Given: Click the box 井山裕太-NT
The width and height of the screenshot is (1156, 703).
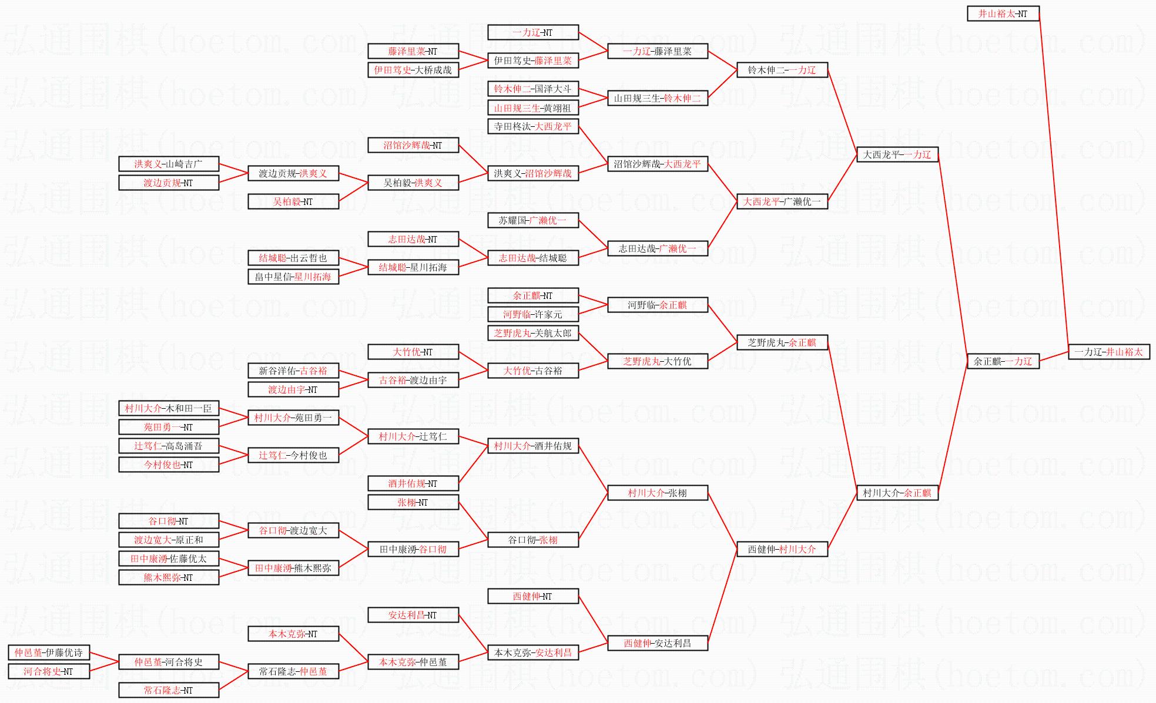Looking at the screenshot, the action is point(1003,14).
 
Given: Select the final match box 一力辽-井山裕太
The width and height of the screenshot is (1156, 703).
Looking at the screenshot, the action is point(1109,352).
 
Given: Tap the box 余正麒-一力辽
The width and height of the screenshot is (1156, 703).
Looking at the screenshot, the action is point(1003,361).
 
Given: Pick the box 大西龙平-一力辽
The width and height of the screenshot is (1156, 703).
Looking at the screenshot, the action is point(897,154).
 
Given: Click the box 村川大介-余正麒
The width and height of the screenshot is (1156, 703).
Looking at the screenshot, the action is point(897,493).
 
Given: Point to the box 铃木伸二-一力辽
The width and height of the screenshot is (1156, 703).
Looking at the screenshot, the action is point(782,70).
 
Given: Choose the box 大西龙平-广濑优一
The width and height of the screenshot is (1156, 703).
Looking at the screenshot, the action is point(782,201).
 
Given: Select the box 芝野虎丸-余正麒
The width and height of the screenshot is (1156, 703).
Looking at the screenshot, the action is point(782,342).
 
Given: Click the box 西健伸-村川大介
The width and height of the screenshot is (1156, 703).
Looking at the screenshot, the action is point(782,549).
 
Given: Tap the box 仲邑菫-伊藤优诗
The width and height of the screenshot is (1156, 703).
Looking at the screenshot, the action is point(49,652).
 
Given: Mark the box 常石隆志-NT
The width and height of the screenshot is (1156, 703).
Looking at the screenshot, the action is point(169,690).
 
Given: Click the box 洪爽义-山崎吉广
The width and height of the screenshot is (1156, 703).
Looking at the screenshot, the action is point(169,164).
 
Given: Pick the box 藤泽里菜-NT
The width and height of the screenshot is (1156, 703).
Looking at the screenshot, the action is point(413,51).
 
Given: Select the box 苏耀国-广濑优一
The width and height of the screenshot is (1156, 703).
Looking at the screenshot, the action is point(533,220).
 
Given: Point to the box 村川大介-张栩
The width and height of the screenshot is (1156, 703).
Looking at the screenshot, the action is point(658,493).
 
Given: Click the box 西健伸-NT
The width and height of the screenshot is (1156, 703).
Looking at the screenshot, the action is point(533,596).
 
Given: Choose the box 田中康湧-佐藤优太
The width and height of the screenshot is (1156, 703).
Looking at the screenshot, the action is point(169,559).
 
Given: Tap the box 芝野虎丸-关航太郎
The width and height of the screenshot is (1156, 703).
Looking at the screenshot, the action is point(533,333).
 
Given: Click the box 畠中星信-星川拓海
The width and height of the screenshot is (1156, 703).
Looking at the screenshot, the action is point(293,277).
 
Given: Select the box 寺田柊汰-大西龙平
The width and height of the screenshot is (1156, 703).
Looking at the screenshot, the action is point(533,126).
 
